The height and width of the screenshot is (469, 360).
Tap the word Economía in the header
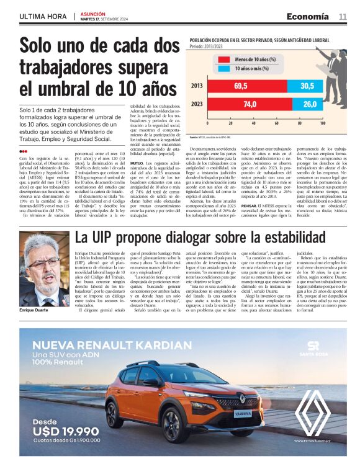tap(308, 16)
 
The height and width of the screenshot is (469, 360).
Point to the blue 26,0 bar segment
tap(309, 104)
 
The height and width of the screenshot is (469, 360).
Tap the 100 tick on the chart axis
tap(323, 124)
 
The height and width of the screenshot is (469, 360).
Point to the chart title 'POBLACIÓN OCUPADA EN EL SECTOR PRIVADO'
tap(254, 39)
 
